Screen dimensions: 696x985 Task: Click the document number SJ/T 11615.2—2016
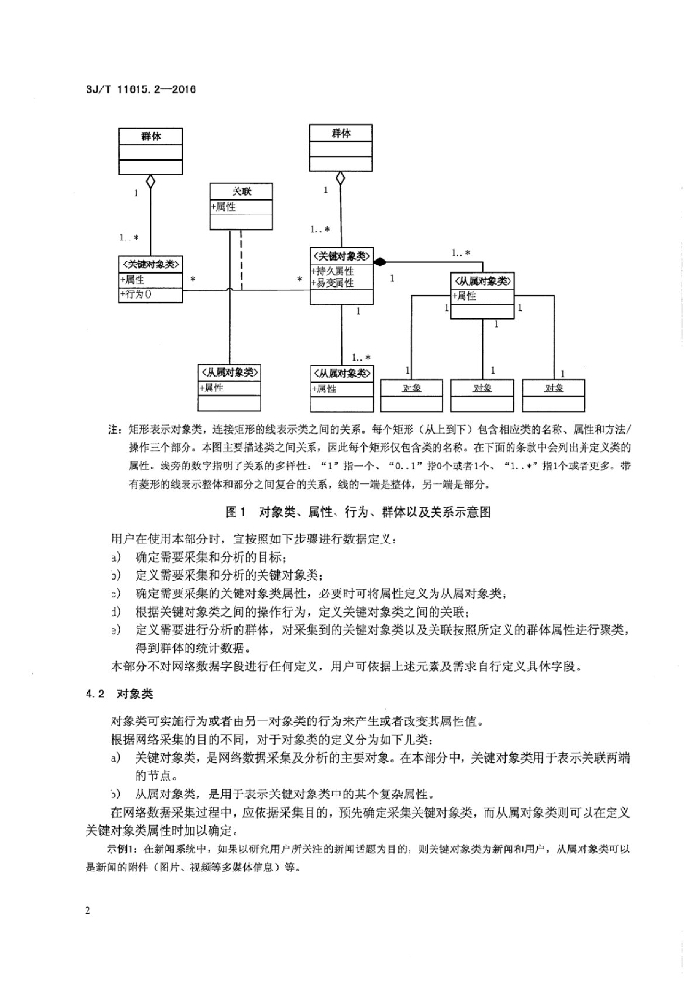[140, 89]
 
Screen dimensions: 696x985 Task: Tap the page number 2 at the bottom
[88, 910]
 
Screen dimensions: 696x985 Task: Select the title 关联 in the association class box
[241, 191]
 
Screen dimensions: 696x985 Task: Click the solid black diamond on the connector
[381, 260]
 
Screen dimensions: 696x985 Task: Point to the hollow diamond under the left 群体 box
[150, 182]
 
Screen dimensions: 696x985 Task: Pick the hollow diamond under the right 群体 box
[340, 178]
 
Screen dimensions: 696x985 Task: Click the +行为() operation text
[137, 294]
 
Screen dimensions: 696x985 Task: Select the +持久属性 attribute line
[334, 271]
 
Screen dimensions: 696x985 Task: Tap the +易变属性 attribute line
[334, 283]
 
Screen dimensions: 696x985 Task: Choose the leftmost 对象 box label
[411, 389]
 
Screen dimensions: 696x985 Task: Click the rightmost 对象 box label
[554, 389]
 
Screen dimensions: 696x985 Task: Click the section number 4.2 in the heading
[94, 695]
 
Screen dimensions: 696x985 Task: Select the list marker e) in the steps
[115, 630]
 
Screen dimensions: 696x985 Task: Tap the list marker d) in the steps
[115, 612]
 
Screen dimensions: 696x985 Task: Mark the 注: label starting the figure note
[114, 430]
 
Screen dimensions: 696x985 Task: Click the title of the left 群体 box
[151, 137]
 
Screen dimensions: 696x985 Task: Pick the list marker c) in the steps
[115, 594]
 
